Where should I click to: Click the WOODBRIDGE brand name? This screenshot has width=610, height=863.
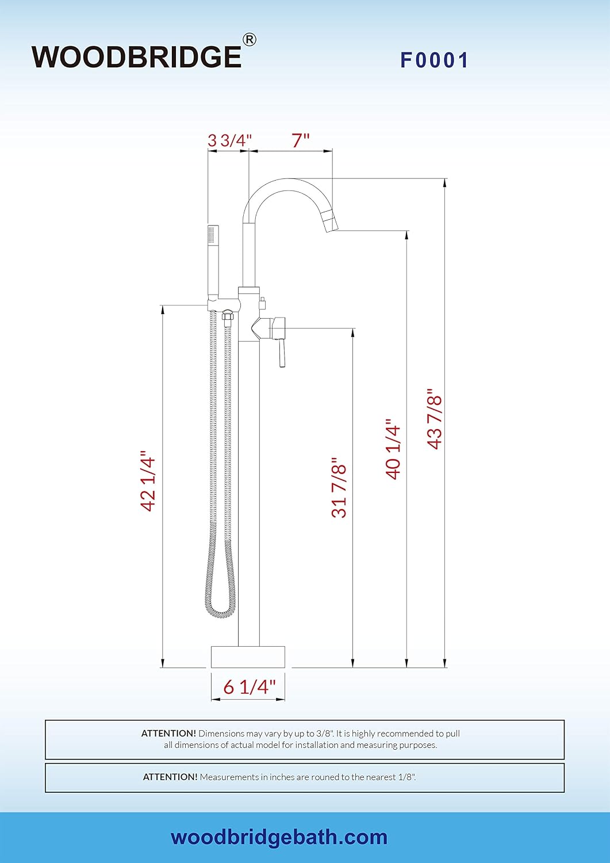pos(137,57)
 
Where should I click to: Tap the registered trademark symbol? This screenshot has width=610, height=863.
pos(249,40)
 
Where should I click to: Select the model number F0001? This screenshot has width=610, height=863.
pos(435,60)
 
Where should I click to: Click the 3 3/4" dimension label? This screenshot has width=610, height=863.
pos(229,140)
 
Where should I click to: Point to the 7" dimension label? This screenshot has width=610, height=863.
pos(301,140)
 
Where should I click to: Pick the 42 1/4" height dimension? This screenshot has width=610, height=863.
pos(149,481)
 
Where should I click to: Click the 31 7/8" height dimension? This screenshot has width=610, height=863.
pos(339,487)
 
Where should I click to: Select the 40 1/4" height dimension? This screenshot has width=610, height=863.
pos(393,449)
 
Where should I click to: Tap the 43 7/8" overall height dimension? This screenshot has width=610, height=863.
pos(435,419)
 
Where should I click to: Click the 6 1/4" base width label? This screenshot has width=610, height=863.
pos(250,686)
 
